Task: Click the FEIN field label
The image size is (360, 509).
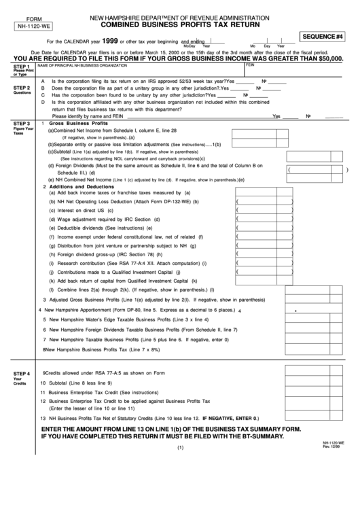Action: pos(249,65)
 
